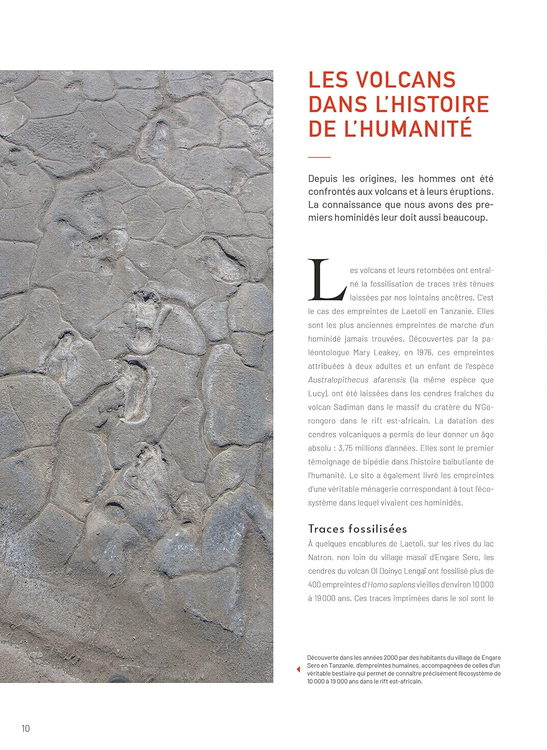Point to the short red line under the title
point(319,157)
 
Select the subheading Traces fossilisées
point(357,529)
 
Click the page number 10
point(26,728)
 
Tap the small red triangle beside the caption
point(298,669)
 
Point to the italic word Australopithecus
point(338,380)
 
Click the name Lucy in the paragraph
point(317,393)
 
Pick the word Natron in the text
point(320,557)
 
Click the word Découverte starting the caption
point(323,657)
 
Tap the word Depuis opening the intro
point(323,178)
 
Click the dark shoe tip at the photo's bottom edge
point(119,678)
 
